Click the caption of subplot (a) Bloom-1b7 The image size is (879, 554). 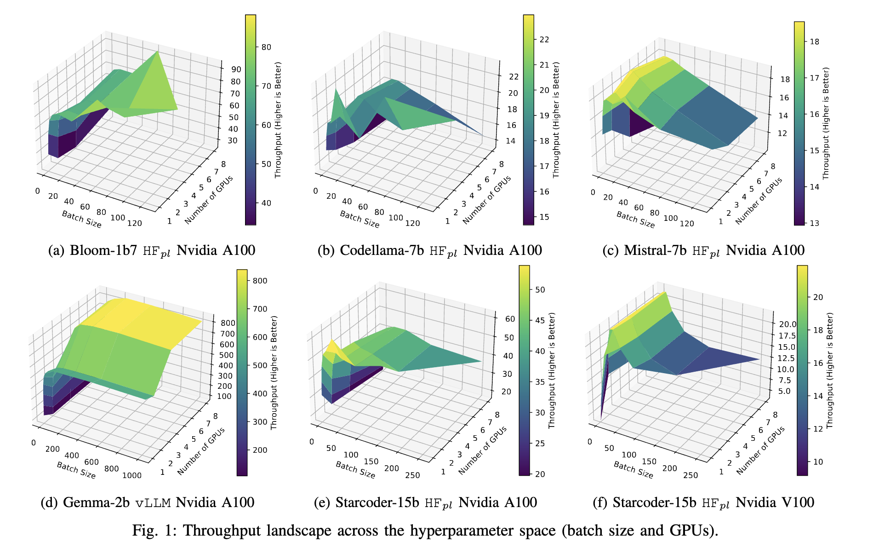(x=151, y=250)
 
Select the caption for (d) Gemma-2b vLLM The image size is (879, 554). (x=147, y=502)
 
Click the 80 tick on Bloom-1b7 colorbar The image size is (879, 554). (x=266, y=47)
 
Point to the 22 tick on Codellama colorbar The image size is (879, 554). (x=544, y=40)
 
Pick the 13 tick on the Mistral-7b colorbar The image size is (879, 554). (x=814, y=223)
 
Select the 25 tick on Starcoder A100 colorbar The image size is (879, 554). (x=540, y=443)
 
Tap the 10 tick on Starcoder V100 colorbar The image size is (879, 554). (x=818, y=462)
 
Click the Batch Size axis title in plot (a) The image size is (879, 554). (x=81, y=219)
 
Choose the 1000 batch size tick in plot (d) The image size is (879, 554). (x=132, y=475)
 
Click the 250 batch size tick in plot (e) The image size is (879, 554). (x=412, y=475)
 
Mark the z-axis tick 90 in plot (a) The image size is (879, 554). (x=236, y=69)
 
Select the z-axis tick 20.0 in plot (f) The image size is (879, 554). (x=787, y=324)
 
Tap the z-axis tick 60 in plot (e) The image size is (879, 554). (x=510, y=319)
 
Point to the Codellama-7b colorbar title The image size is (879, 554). (x=556, y=120)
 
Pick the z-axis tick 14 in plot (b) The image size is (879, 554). (x=510, y=141)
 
